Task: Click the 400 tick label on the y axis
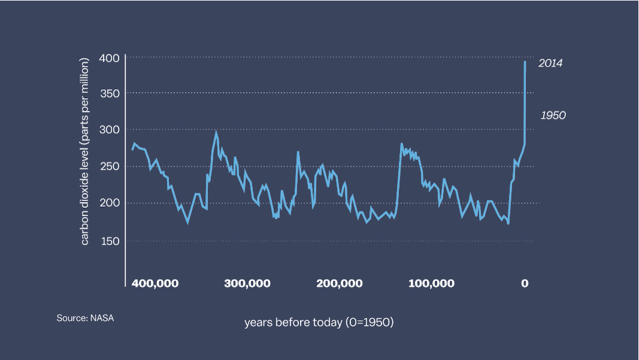point(114,58)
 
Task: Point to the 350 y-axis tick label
point(114,93)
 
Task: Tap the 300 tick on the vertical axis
point(114,130)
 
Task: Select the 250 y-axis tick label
point(114,167)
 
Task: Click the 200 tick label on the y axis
point(114,203)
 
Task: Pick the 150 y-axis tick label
point(114,241)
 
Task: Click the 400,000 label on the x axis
point(155,283)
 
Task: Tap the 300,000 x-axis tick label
point(247,283)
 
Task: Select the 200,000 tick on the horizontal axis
point(339,283)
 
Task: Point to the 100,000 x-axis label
point(431,283)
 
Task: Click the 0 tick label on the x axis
point(525,283)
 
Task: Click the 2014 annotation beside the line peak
point(550,63)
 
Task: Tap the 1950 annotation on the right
point(553,116)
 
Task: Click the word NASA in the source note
point(102,318)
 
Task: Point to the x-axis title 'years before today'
point(293,322)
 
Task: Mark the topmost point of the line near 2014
point(525,62)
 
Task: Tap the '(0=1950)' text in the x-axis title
point(370,322)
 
